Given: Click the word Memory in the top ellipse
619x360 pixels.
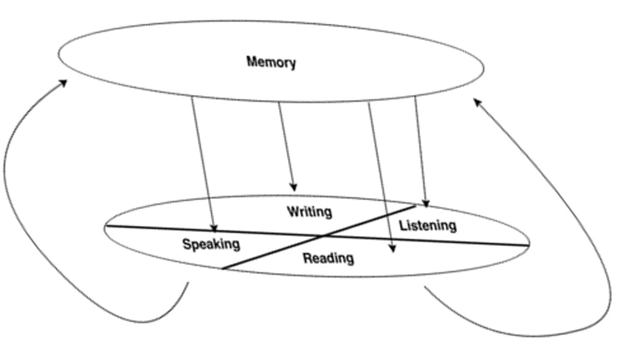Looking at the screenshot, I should point(271,62).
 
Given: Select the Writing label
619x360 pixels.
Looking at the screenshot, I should point(309,212).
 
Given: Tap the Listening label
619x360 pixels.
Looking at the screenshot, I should point(427,225).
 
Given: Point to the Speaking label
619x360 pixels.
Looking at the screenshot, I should point(211,244).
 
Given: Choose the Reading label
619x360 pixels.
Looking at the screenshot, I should point(328,258).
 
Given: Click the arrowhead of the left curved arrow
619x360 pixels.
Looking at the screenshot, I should point(64,82).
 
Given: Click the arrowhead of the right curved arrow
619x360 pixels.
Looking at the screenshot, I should point(476,101).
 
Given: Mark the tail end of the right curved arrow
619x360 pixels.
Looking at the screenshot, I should point(425,287).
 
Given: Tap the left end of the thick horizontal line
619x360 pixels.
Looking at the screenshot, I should point(106,226).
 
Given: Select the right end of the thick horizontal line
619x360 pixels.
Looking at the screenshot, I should point(529,246).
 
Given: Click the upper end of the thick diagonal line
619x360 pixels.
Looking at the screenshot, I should point(415,206).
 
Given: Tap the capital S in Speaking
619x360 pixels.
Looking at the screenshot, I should point(186,244).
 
